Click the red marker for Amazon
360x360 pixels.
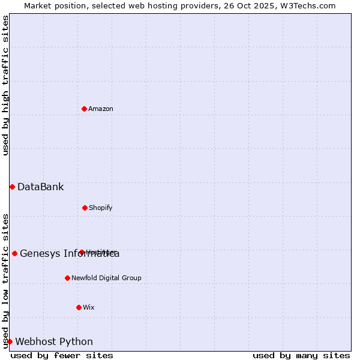(x=85, y=109)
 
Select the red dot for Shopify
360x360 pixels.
(x=85, y=208)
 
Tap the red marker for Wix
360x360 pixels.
(x=79, y=307)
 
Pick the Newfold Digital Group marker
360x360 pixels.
(x=67, y=278)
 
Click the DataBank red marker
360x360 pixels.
(x=12, y=187)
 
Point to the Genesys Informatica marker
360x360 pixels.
(x=14, y=253)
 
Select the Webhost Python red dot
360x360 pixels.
(x=10, y=341)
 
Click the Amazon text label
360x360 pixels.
(x=101, y=109)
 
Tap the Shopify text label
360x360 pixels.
(x=101, y=208)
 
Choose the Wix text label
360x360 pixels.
(x=89, y=307)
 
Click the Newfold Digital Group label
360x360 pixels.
(x=106, y=278)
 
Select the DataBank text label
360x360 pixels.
(x=41, y=187)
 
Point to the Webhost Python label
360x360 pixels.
(x=54, y=341)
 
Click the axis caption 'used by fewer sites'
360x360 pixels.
(x=62, y=355)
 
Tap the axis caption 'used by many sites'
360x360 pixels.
(x=301, y=355)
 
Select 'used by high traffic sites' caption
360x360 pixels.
(x=5, y=86)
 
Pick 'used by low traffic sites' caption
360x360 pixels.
(x=5, y=280)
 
